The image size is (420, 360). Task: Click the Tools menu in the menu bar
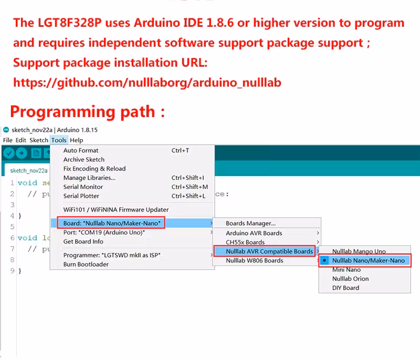[x=59, y=140]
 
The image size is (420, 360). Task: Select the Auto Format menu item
[x=81, y=151]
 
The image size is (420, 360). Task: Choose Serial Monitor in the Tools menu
[x=83, y=187]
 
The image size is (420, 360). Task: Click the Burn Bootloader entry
[x=86, y=264]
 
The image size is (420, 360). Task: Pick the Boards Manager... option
[x=250, y=223]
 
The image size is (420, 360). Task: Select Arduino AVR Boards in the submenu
[x=254, y=233]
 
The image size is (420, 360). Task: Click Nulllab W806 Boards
[x=255, y=260]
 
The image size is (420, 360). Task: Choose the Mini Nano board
[x=346, y=270]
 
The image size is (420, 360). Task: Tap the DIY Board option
[x=345, y=288]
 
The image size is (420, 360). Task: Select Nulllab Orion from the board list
[x=350, y=279]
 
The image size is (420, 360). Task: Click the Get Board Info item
[x=83, y=241]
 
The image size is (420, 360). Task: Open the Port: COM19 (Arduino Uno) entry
[x=104, y=232]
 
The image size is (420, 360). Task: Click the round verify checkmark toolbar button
[x=9, y=153]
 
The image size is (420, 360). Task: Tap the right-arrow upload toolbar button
[x=22, y=153]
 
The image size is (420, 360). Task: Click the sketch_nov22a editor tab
[x=29, y=171]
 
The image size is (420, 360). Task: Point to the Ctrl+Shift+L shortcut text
[x=188, y=196]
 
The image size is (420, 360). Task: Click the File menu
[x=8, y=140]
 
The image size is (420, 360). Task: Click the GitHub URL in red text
[x=147, y=82]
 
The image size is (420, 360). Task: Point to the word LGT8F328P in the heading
[x=70, y=23]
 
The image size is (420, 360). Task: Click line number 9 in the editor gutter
[x=12, y=271]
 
